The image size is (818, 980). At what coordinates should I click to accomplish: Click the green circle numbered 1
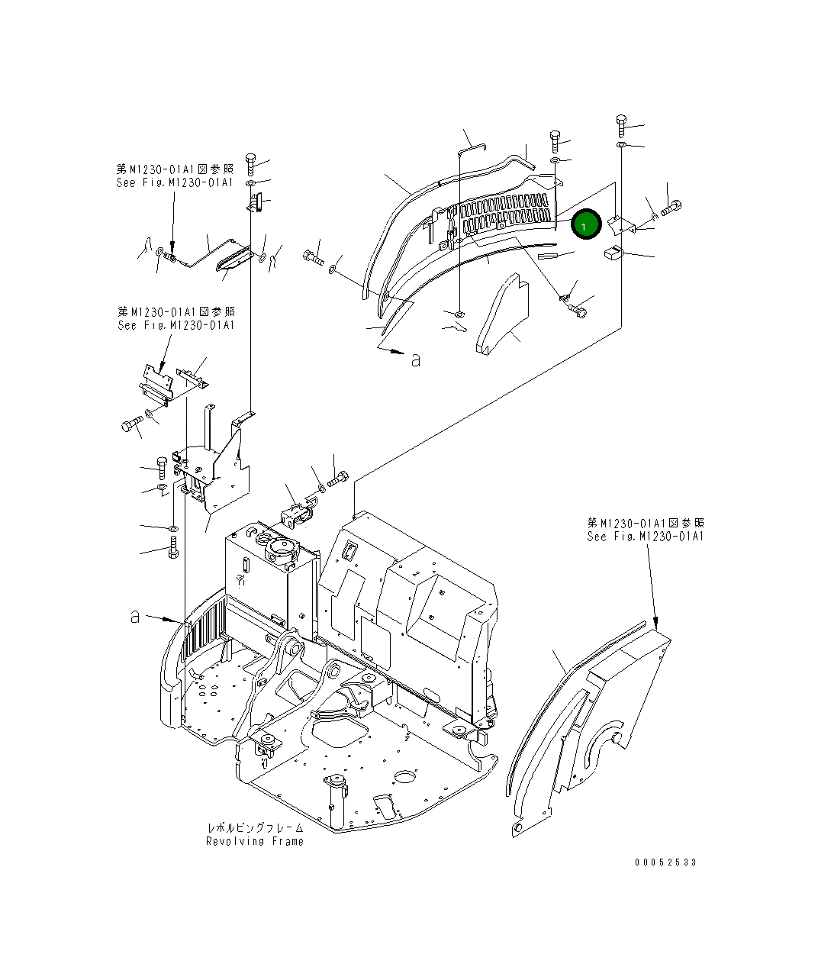coord(585,225)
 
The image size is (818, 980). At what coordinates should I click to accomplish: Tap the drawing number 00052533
coord(665,862)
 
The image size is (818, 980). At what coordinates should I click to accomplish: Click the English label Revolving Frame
coord(255,841)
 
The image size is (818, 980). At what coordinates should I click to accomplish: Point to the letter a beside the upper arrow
coord(415,359)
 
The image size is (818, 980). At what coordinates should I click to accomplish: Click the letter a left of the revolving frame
coord(135,616)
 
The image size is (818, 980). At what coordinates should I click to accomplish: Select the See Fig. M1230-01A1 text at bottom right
coord(646,537)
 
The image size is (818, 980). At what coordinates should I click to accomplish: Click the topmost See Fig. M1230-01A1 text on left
coord(176,183)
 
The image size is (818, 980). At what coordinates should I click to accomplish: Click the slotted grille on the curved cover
coord(500,214)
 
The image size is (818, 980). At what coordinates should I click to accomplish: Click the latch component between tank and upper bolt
coord(297,514)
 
